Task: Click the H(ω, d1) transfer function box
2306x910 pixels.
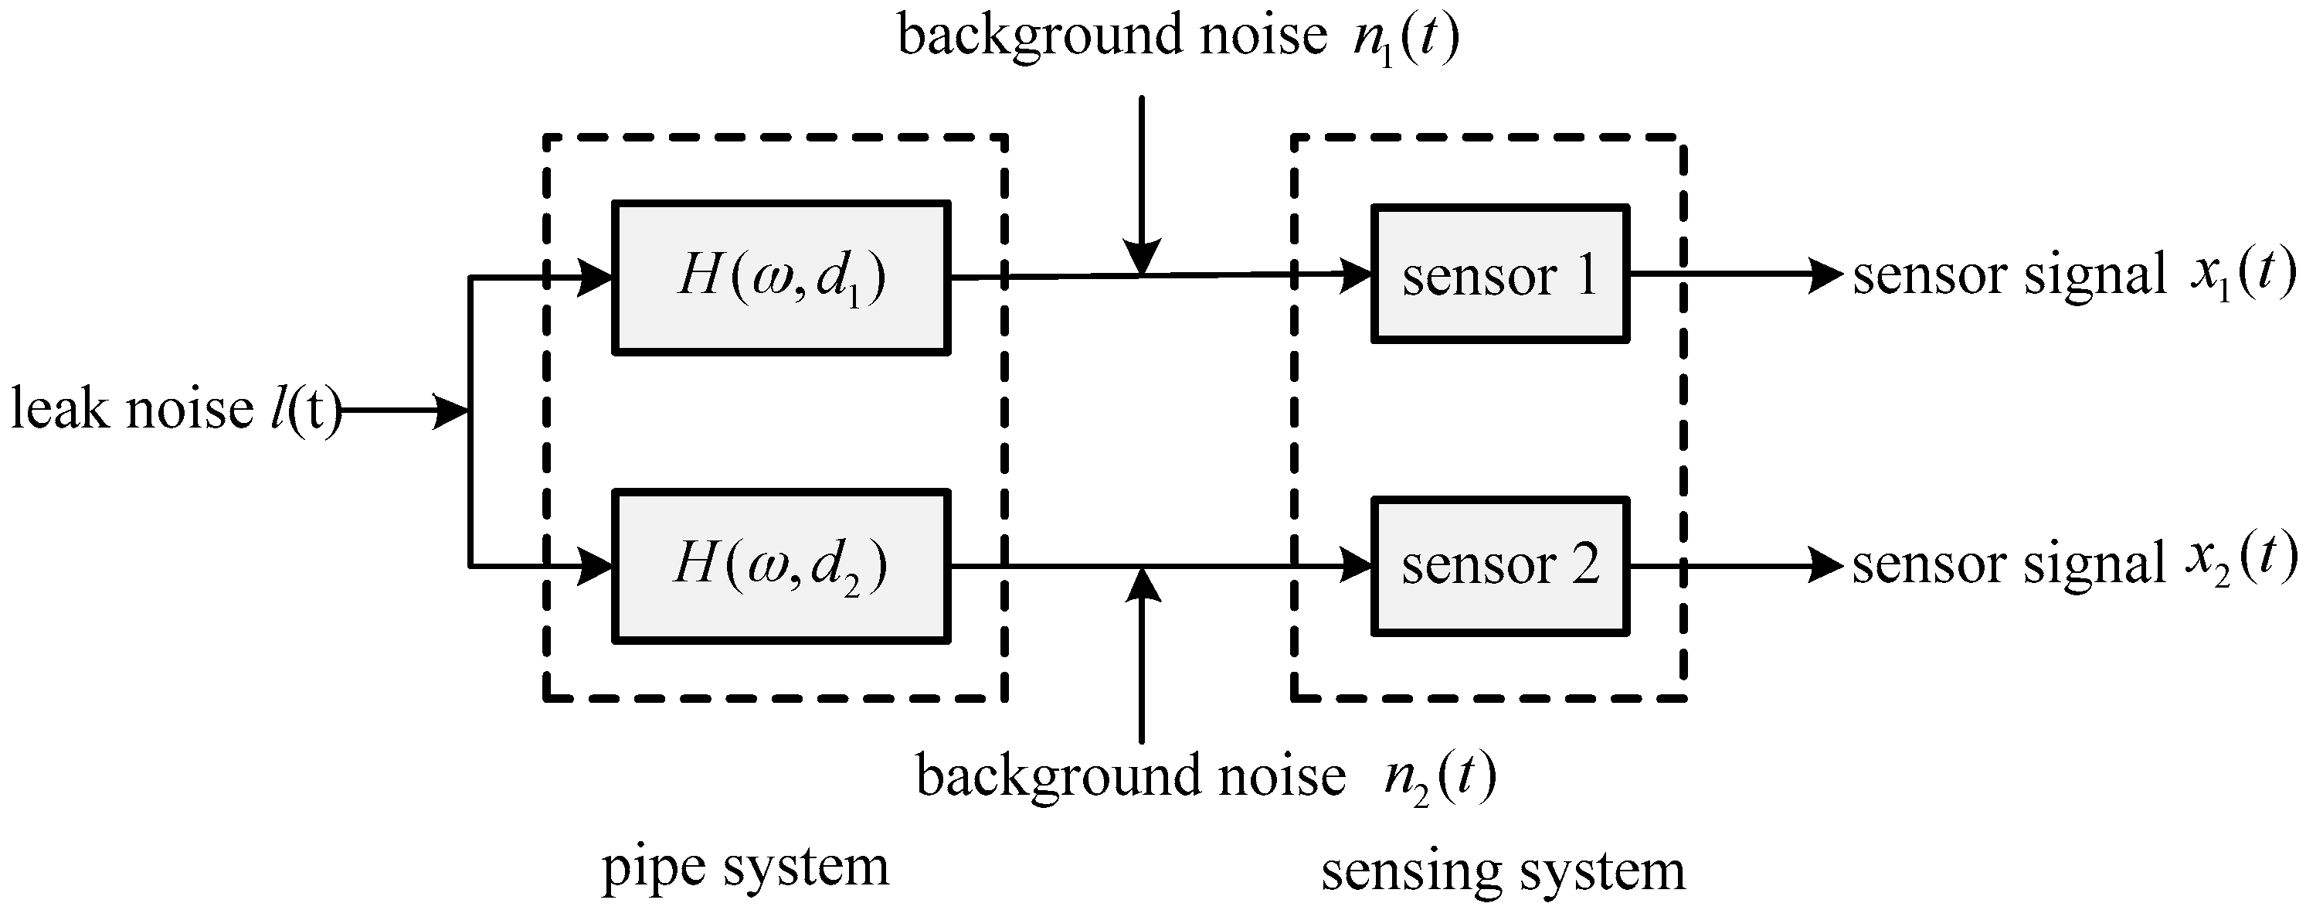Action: (x=780, y=278)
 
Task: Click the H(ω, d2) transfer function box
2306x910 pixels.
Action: (x=780, y=566)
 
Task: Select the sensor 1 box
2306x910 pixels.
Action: (x=1499, y=274)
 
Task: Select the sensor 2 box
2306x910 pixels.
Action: (x=1499, y=566)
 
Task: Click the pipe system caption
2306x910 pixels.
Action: (x=745, y=866)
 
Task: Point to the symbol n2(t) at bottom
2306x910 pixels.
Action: (x=1439, y=778)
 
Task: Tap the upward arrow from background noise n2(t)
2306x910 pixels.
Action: (x=1141, y=654)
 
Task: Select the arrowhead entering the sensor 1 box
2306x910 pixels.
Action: (x=1357, y=274)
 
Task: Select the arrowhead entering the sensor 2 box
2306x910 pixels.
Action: (x=1357, y=566)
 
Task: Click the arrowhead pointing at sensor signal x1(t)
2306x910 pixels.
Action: (x=1826, y=274)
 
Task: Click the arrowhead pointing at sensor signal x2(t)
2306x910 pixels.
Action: (x=1826, y=566)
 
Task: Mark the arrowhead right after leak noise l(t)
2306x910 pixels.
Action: (x=450, y=411)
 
